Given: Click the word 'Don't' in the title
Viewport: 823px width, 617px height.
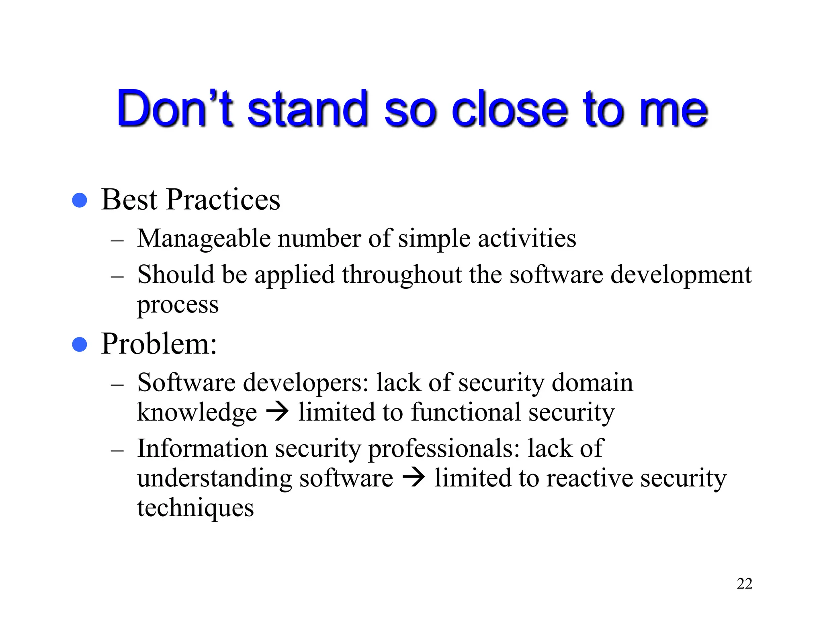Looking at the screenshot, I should click(175, 108).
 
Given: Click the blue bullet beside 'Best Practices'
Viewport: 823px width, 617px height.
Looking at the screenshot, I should click(80, 200).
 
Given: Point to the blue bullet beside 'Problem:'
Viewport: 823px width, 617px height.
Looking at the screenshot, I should click(80, 344).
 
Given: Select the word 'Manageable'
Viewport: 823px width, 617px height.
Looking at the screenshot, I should click(204, 239).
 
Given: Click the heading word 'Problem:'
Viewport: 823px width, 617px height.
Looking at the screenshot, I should click(159, 344).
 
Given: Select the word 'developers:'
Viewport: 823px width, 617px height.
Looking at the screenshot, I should click(306, 382).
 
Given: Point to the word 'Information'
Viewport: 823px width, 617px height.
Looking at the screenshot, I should click(202, 448).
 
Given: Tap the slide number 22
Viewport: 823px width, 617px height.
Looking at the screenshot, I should click(744, 584).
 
